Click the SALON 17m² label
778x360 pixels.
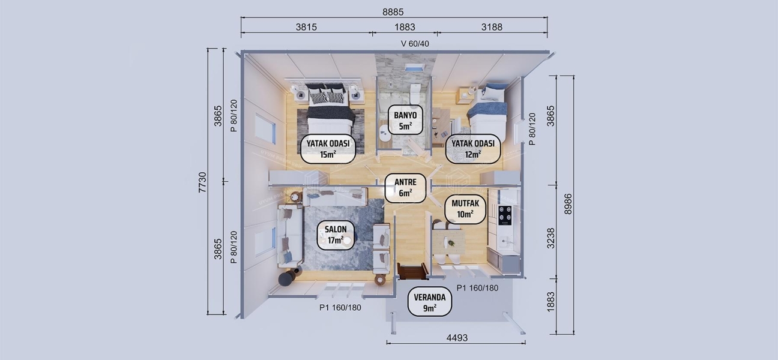pyautogui.click(x=336, y=235)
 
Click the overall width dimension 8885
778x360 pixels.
pyautogui.click(x=394, y=11)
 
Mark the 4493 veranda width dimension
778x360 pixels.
pyautogui.click(x=457, y=338)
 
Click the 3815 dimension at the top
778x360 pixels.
pyautogui.click(x=306, y=27)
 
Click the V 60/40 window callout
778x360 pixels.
pyautogui.click(x=415, y=43)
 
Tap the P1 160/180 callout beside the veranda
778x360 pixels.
pyautogui.click(x=477, y=288)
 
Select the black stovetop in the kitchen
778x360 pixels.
pyautogui.click(x=505, y=215)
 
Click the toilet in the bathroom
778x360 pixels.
pyautogui.click(x=415, y=94)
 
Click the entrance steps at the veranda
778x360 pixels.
pyautogui.click(x=412, y=272)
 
